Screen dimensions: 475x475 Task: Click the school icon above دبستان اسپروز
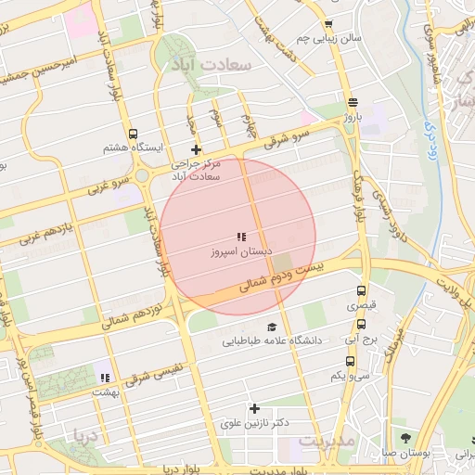pos(241,237)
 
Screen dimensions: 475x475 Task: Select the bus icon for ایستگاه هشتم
pos(134,134)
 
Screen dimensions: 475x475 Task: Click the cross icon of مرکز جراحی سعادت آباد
pos(195,149)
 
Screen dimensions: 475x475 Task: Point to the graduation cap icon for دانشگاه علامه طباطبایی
pos(272,327)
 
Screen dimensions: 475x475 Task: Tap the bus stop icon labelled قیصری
pos(362,290)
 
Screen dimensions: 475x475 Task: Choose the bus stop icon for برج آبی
pos(361,325)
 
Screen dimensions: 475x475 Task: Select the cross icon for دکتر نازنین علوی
pos(254,408)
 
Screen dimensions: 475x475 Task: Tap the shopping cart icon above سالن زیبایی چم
pos(327,25)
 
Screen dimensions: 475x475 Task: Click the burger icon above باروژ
pos(352,103)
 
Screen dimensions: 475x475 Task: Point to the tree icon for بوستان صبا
pos(405,437)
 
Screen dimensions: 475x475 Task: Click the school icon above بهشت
pos(105,377)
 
